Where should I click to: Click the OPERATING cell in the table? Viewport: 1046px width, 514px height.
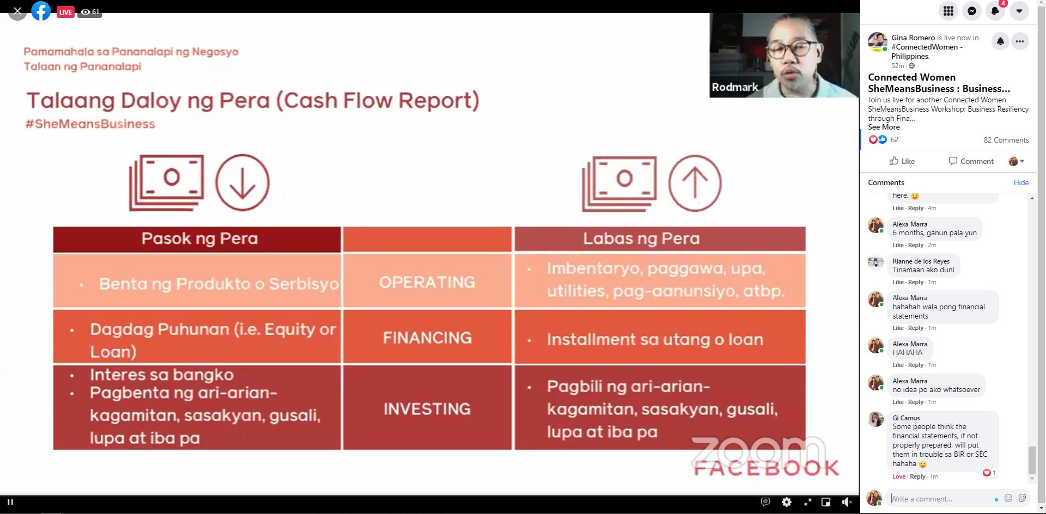tap(427, 281)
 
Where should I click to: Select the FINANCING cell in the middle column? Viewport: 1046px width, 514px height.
tap(427, 337)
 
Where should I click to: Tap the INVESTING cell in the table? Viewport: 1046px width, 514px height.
tap(427, 408)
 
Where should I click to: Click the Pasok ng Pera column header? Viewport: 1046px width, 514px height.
tap(197, 239)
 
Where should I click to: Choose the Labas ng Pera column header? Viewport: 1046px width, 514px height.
tap(660, 239)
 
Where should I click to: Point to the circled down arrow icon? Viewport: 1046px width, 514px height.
tap(242, 182)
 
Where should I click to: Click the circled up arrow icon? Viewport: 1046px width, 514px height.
tap(695, 182)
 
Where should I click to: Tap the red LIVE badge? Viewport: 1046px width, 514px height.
tap(65, 12)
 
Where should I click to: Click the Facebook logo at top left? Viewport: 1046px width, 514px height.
tap(41, 11)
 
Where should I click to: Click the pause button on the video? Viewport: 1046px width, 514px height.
tap(10, 502)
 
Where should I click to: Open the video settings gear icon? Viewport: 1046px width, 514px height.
tap(786, 502)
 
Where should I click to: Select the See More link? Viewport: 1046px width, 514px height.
tap(884, 127)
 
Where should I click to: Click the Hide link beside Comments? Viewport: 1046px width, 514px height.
tap(1021, 182)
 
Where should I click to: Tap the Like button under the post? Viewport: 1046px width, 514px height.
tap(902, 161)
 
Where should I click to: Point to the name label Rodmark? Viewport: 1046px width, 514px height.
tap(735, 87)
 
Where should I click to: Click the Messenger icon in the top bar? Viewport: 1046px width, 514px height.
tap(972, 11)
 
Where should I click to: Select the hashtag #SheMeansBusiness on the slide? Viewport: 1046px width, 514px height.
tap(90, 124)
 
